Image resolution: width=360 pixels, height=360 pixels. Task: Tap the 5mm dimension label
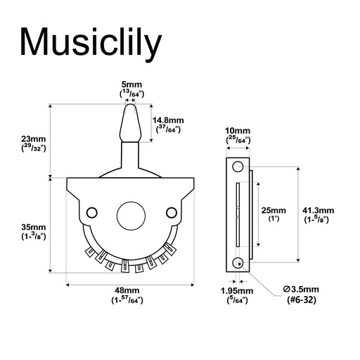[131, 84]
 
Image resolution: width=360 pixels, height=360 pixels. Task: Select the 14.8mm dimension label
[168, 120]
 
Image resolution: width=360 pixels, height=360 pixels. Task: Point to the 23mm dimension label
[34, 139]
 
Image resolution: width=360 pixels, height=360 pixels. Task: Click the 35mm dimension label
[34, 227]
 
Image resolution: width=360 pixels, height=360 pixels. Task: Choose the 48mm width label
[127, 290]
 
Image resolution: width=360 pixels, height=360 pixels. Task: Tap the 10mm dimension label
[238, 131]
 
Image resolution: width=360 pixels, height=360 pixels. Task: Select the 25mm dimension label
[274, 210]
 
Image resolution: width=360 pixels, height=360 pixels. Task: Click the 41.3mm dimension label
[318, 210]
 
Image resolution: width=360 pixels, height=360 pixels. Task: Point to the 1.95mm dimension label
[237, 291]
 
